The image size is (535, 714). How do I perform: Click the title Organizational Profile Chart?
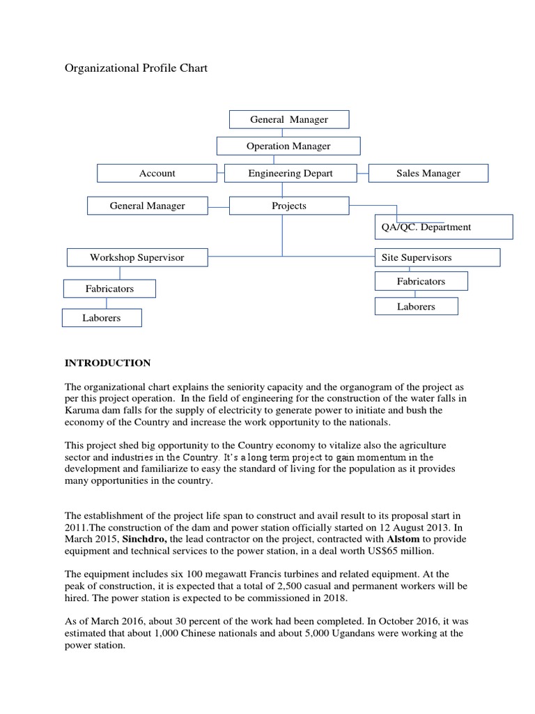136,68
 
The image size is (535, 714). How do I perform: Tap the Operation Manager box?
288,146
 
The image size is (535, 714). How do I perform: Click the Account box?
157,173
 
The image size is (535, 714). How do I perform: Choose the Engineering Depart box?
290,173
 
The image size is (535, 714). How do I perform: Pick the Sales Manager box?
428,173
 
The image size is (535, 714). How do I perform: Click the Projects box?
288,206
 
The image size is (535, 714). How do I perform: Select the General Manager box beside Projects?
147,206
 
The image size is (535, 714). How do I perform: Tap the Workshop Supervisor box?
137,257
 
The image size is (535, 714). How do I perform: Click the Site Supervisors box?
437,257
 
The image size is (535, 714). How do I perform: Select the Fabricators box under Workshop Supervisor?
109,288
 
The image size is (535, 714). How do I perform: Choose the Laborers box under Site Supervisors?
416,306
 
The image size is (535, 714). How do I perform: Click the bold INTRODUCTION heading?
107,363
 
